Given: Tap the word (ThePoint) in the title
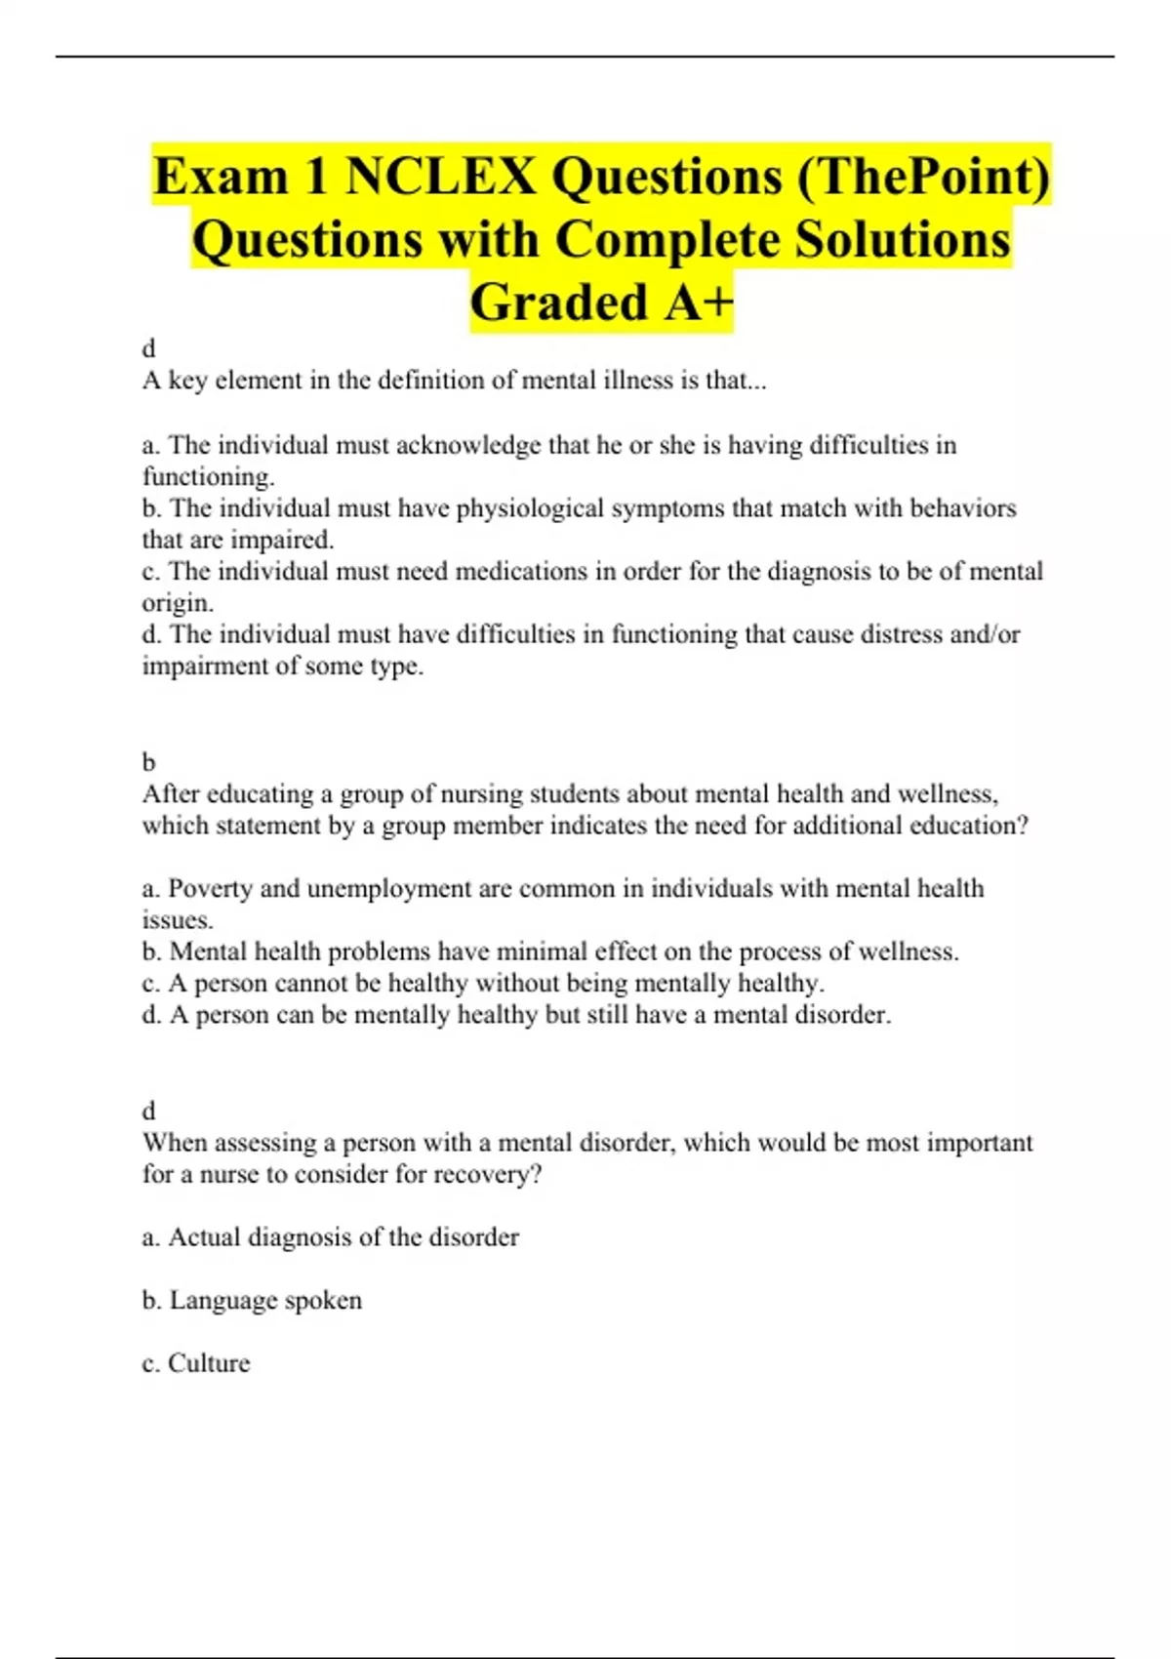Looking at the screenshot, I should pyautogui.click(x=923, y=177).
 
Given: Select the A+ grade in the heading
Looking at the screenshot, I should pyautogui.click(x=699, y=302).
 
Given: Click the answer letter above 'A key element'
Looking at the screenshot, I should pyautogui.click(x=149, y=348).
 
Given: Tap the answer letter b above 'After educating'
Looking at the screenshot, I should pyautogui.click(x=149, y=761).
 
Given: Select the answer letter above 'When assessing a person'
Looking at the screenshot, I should pyautogui.click(x=149, y=1111).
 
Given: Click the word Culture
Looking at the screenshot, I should pyautogui.click(x=209, y=1363).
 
